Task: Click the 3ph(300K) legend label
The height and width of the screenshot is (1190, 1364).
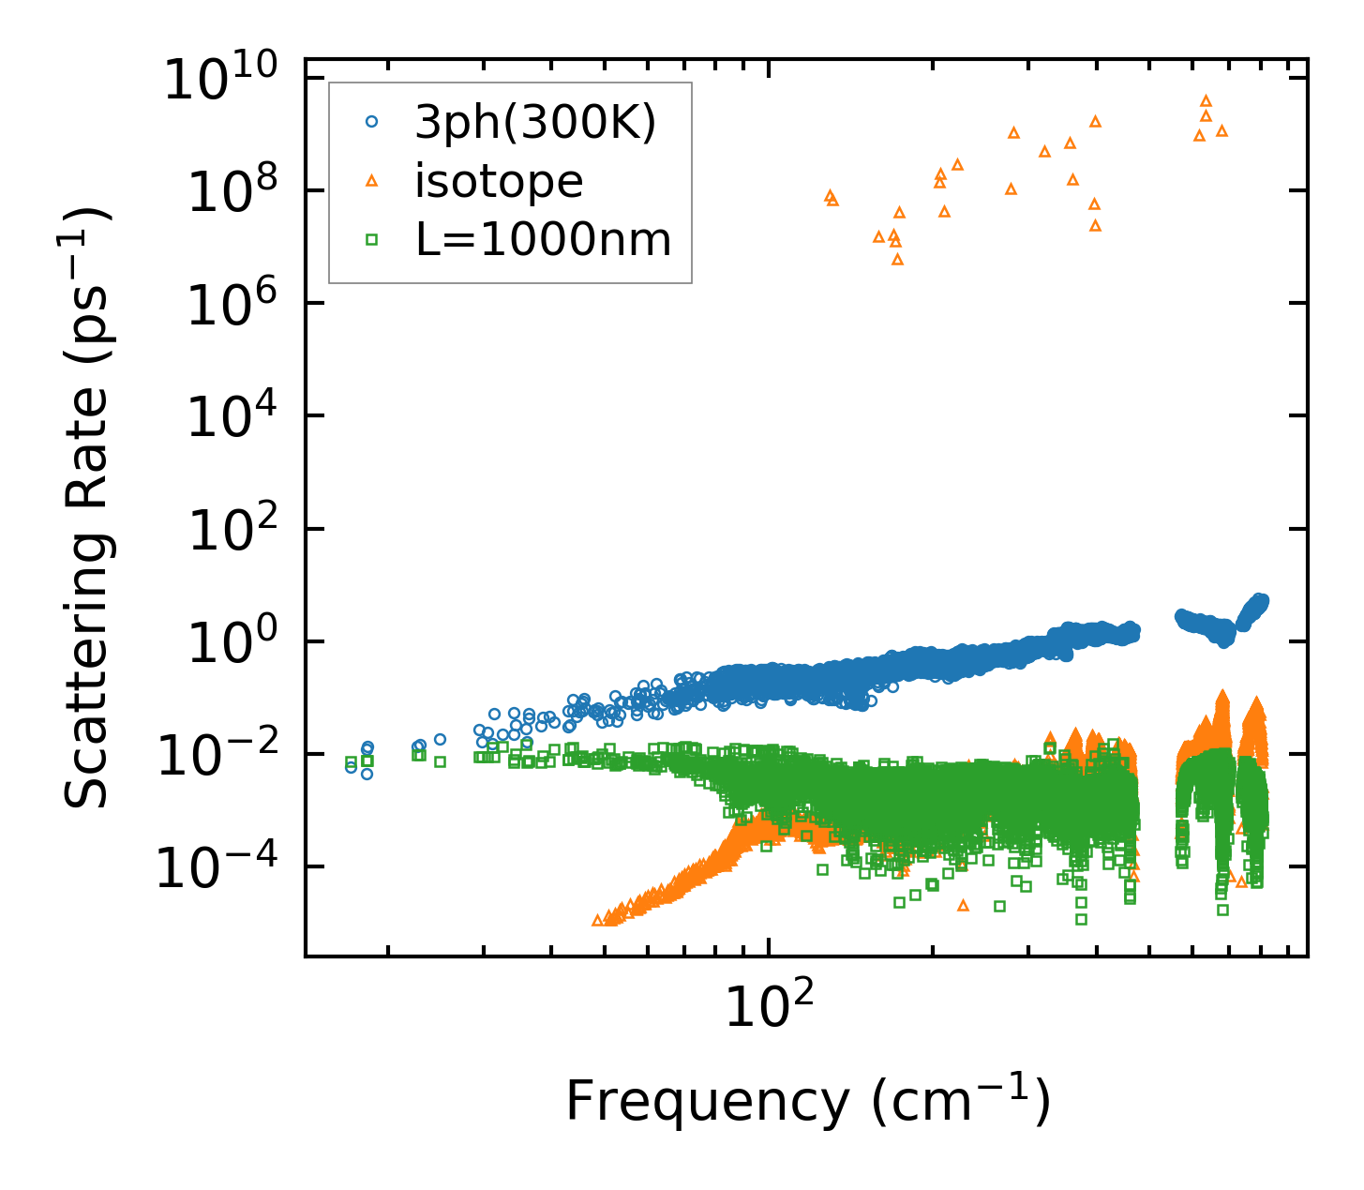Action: [x=535, y=122]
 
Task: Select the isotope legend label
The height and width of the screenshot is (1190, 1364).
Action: [x=499, y=181]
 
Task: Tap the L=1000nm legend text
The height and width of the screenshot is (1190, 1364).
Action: [x=544, y=240]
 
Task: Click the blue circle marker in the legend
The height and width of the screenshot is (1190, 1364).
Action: [x=371, y=122]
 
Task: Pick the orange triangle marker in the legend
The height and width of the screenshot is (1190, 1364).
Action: [x=371, y=180]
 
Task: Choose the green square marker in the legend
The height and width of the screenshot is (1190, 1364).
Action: [x=371, y=240]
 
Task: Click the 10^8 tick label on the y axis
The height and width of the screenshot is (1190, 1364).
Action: [x=231, y=192]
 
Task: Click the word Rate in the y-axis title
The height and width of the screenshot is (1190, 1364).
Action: [x=86, y=510]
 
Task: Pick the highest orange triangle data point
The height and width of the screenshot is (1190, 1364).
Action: [x=1207, y=100]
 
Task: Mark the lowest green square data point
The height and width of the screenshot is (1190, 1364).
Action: [x=1081, y=919]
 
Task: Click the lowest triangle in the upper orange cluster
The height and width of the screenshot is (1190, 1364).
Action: [x=897, y=259]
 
